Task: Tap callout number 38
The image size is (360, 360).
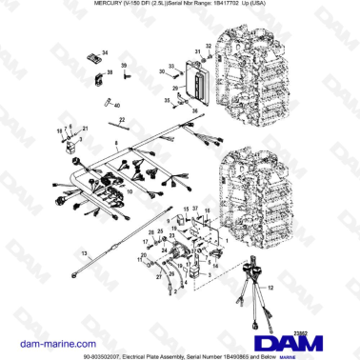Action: (110, 72)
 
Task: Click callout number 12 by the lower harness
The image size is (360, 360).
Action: (270, 285)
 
